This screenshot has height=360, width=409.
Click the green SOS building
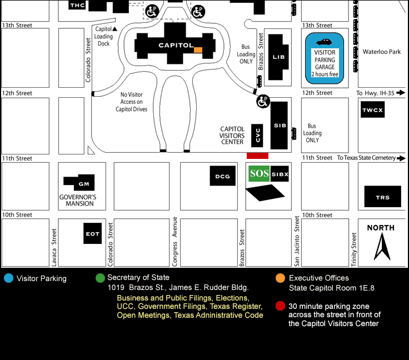pyautogui.click(x=259, y=174)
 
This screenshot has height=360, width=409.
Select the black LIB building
pyautogui.click(x=278, y=57)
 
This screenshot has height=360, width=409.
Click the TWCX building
pyautogui.click(x=372, y=109)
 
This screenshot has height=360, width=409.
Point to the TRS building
pyautogui.click(x=382, y=197)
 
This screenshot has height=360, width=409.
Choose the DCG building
pyautogui.click(x=222, y=176)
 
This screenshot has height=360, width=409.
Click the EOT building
pyautogui.click(x=92, y=233)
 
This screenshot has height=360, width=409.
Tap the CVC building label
pyautogui.click(x=257, y=135)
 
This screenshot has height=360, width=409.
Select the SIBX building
pyautogui.click(x=280, y=174)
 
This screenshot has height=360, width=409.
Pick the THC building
pyautogui.click(x=77, y=5)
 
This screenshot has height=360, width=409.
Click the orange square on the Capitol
pyautogui.click(x=198, y=50)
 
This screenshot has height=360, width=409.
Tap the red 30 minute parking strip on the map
pyautogui.click(x=257, y=156)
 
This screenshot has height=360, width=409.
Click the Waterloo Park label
pyautogui.click(x=382, y=52)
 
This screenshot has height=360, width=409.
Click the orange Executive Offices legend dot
pyautogui.click(x=280, y=278)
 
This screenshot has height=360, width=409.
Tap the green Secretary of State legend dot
pyautogui.click(x=100, y=278)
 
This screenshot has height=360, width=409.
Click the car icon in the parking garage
pyautogui.click(x=323, y=42)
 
